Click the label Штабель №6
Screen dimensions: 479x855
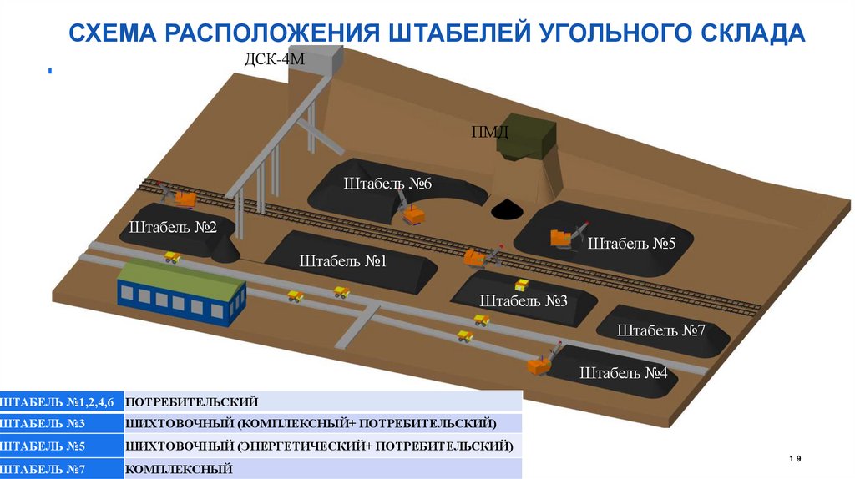coord(386,184)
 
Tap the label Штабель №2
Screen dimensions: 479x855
coord(173,227)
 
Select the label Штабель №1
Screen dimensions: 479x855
coord(342,261)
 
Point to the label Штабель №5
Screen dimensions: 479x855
coord(631,244)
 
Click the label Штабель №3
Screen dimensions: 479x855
coord(524,300)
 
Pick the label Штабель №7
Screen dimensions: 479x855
coord(661,330)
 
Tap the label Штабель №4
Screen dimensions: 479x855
coord(624,373)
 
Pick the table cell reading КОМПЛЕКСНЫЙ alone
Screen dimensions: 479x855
coord(179,470)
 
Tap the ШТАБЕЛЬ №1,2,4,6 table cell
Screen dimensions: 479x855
coord(62,401)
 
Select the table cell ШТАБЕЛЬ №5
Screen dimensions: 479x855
coord(62,446)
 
